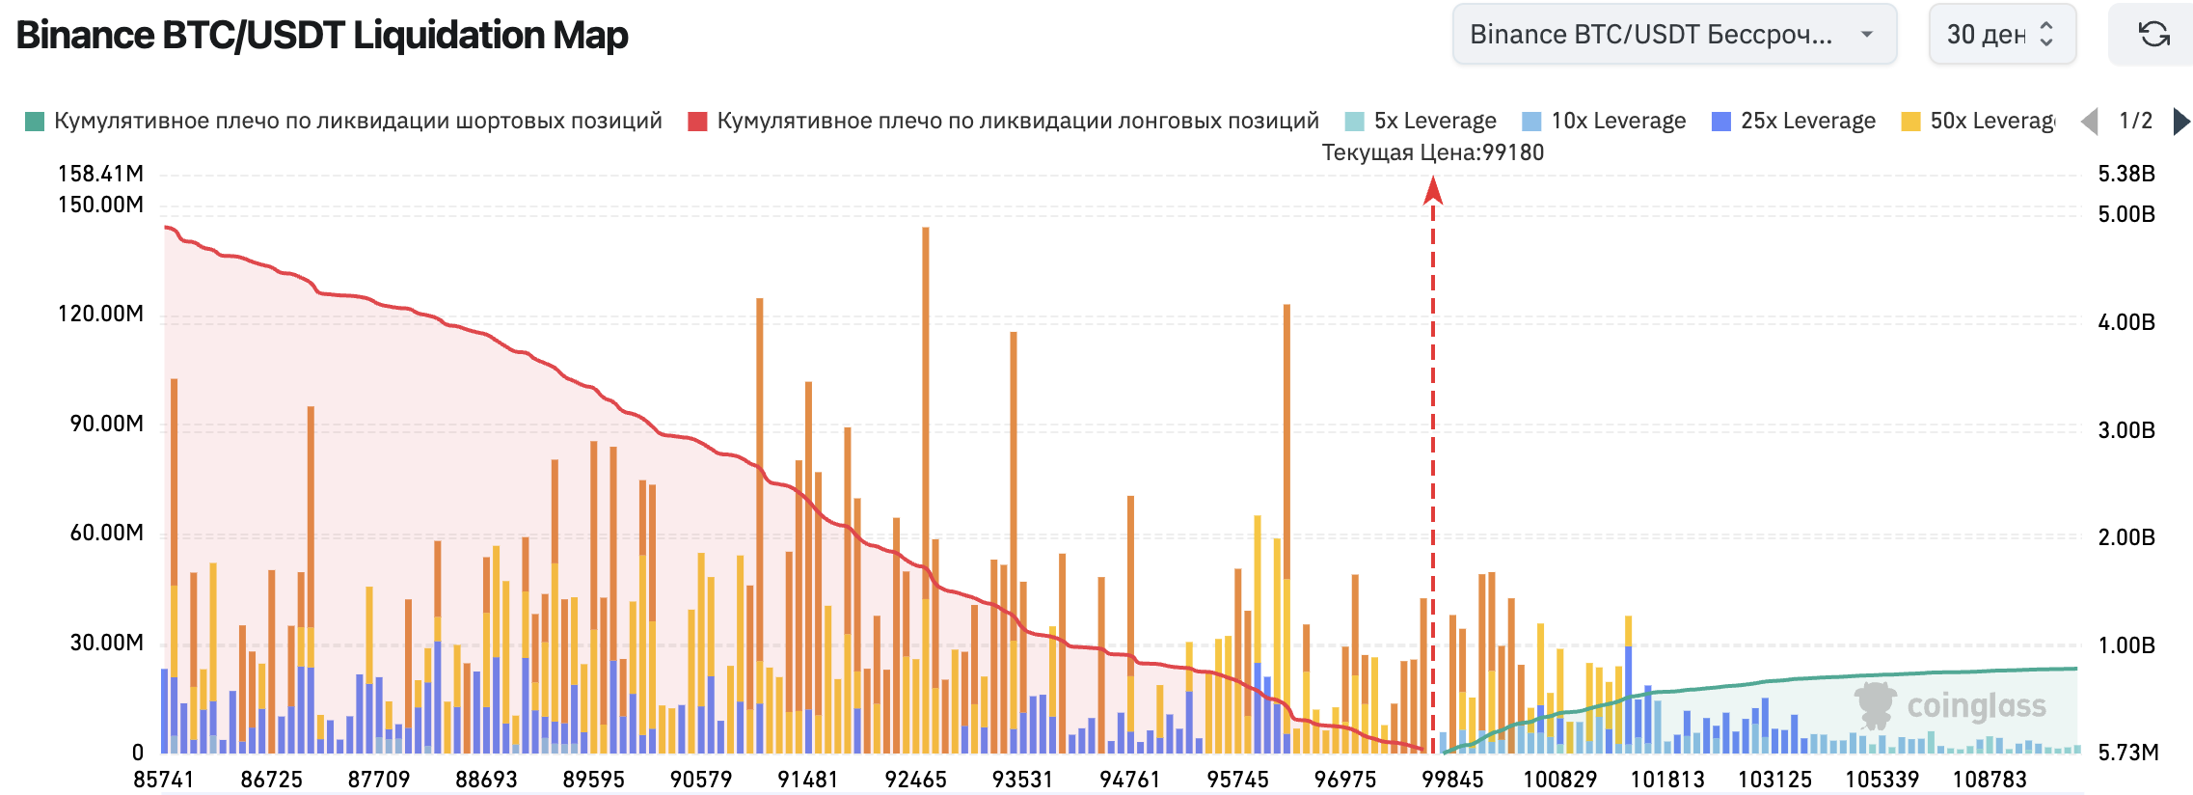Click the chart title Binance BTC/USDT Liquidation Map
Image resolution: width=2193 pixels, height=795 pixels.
point(322,36)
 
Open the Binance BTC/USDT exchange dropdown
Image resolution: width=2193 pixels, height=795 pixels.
point(1673,35)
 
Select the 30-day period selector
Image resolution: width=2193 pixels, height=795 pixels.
point(2001,35)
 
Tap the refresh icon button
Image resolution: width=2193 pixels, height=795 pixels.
point(2154,35)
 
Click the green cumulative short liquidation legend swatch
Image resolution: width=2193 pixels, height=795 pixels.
point(35,122)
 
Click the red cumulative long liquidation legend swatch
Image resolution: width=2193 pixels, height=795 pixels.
point(697,122)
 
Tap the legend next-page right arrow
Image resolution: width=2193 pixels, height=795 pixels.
point(2181,122)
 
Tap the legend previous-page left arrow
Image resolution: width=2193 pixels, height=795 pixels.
point(2090,122)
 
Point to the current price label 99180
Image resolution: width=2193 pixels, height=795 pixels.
point(1432,152)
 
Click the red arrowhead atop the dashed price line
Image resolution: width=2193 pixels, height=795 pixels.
point(1433,191)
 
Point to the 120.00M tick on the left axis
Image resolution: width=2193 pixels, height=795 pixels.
point(100,314)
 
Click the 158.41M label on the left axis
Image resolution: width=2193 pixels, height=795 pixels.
point(100,174)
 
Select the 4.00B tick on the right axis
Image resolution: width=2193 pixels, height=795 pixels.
point(2126,322)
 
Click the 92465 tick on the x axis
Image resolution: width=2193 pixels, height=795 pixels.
point(915,780)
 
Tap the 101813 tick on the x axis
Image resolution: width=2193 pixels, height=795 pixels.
point(1667,780)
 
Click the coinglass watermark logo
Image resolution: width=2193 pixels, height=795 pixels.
point(1950,706)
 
